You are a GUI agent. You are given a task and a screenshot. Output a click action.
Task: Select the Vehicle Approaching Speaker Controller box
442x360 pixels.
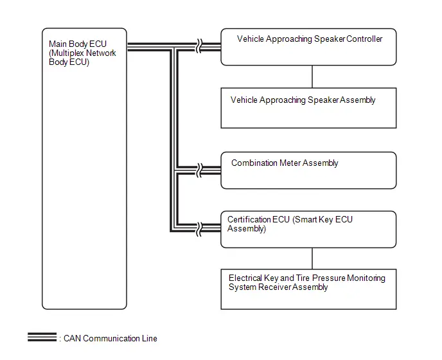[x=308, y=47]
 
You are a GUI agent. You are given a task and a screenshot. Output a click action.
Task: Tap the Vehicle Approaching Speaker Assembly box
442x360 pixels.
[x=308, y=108]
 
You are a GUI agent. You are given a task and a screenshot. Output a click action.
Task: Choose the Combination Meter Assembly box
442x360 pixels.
[x=308, y=170]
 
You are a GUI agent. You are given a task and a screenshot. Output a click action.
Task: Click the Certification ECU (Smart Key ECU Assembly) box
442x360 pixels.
[x=308, y=230]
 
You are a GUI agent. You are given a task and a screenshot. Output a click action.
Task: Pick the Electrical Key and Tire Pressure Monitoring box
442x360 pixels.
[x=308, y=289]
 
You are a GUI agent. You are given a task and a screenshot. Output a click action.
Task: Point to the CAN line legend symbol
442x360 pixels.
[x=42, y=337]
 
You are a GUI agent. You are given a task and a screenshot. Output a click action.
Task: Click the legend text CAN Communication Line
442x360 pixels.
[x=110, y=338]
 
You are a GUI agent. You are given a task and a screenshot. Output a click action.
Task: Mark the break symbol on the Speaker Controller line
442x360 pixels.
[x=199, y=46]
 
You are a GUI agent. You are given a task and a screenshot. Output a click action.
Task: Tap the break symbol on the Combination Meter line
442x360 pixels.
[x=199, y=170]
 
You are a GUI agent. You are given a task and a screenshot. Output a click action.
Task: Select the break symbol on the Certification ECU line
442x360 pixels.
[x=199, y=229]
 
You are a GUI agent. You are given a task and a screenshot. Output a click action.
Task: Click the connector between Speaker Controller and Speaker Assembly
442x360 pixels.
[x=312, y=76]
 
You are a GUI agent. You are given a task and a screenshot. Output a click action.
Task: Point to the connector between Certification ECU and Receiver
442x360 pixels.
[x=312, y=258]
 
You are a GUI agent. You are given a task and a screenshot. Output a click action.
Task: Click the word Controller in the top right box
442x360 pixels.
[x=364, y=39]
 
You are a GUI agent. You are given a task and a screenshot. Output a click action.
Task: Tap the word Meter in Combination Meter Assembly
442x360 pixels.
[x=290, y=163]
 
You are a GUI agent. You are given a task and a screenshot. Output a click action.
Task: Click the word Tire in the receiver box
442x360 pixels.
[x=303, y=278]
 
